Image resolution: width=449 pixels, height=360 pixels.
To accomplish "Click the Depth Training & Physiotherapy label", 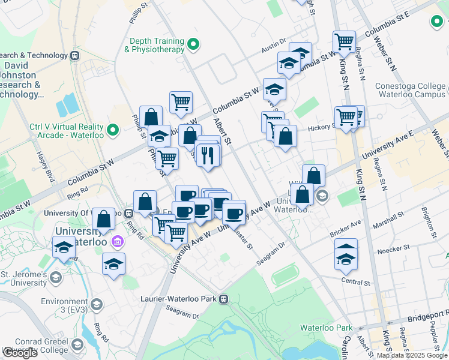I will tap(154, 46).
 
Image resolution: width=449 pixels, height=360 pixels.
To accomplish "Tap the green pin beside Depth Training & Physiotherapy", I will tap(193, 44).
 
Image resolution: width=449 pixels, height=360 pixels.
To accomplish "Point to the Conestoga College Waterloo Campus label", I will tap(410, 90).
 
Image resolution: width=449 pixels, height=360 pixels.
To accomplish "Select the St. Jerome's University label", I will tap(23, 278).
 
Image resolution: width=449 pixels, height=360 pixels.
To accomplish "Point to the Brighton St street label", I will tap(429, 221).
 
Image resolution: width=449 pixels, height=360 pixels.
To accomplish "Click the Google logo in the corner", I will tap(20, 353).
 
